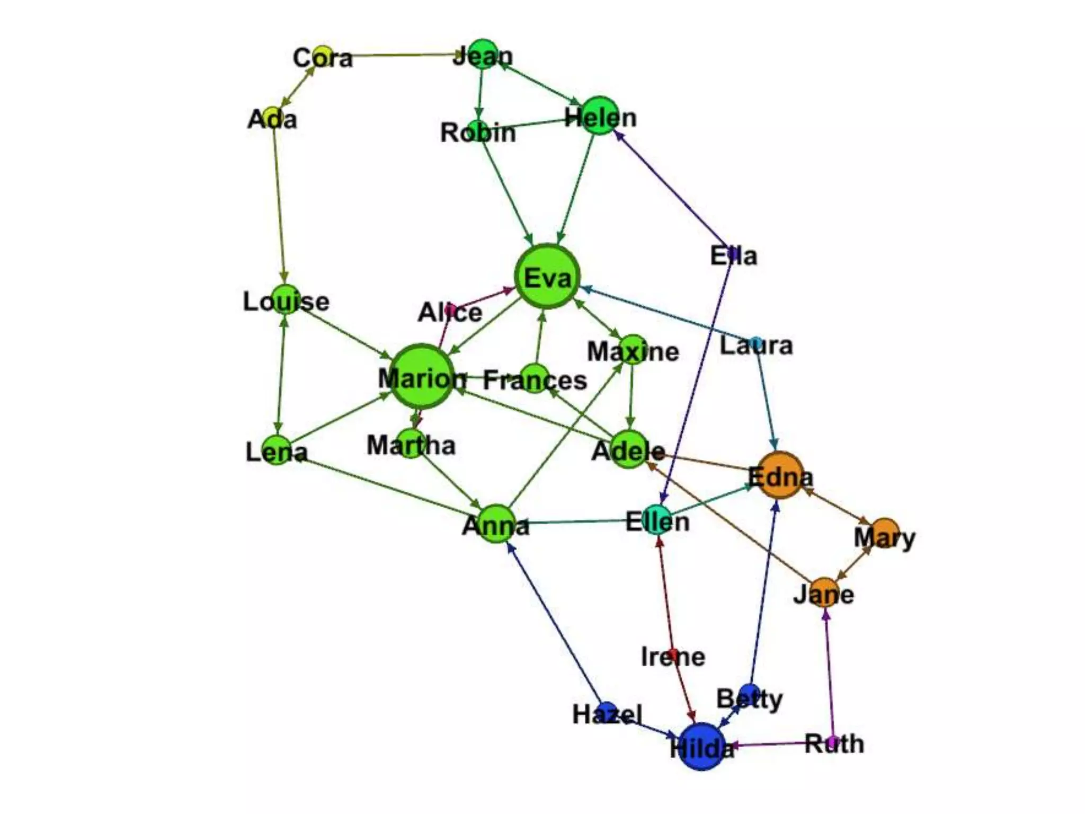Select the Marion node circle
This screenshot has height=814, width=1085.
pos(422,376)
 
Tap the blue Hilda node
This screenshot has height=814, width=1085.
pos(701,746)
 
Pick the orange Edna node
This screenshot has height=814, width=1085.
pos(780,475)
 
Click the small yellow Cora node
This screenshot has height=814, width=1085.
pos(322,55)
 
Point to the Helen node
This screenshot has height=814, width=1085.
pos(600,116)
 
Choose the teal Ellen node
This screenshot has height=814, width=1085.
pos(657,520)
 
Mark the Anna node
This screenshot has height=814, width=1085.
pos(496,524)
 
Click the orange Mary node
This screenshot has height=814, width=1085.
pos(884,533)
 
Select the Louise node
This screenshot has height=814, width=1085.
pos(286,299)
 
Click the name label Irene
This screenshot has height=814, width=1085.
pos(673,657)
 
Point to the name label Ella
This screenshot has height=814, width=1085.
pos(734,256)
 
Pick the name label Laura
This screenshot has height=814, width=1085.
pos(756,346)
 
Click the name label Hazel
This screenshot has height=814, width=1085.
pos(607,714)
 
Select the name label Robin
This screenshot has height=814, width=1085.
pos(478,132)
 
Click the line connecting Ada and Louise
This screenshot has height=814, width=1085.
pos(279,207)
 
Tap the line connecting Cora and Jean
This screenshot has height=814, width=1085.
pos(403,55)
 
